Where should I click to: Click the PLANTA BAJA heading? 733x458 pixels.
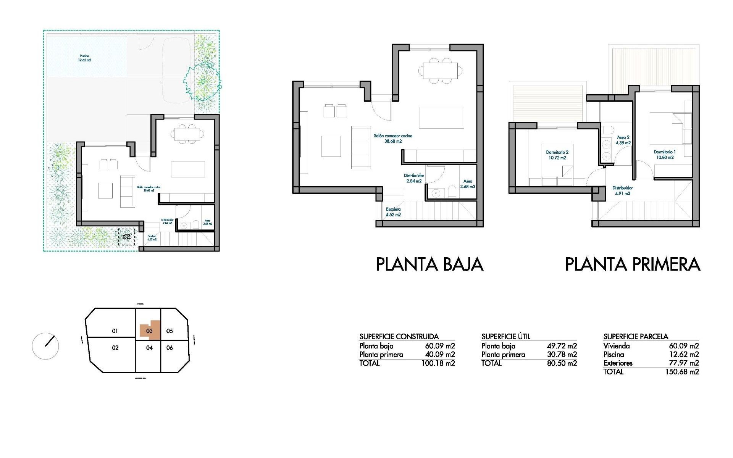429,264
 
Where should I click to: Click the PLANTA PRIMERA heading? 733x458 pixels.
633,264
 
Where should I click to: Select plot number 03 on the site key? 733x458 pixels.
149,331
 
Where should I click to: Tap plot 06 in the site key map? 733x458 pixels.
170,348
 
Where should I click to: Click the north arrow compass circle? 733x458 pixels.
45,346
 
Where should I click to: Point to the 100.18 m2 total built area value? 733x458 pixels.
438,363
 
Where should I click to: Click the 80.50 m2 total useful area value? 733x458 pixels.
562,363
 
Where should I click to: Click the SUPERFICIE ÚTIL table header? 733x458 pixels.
506,337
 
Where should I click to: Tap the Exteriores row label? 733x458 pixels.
618,363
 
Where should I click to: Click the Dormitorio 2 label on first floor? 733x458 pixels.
557,155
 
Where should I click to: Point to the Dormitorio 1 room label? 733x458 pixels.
664,154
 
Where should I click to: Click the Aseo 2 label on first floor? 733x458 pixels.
623,140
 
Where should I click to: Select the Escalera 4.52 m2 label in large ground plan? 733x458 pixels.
393,212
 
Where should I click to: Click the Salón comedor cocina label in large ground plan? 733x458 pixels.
393,138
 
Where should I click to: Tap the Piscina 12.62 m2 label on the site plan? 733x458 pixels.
85,58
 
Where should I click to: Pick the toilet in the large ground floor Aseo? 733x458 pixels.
452,192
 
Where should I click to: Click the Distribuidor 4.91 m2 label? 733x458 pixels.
622,190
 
